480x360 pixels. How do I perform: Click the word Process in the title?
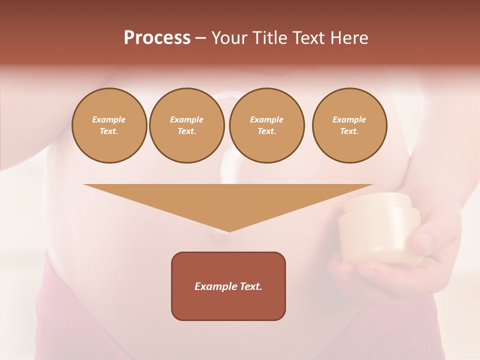[157, 38]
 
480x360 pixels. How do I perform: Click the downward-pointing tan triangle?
[228, 200]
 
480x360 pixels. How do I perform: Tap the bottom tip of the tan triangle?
[229, 230]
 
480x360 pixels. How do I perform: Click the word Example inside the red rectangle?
[214, 286]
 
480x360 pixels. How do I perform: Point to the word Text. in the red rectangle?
[249, 286]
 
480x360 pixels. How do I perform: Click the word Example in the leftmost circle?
[109, 119]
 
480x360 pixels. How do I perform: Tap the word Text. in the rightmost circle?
[349, 131]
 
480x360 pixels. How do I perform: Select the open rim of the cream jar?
[378, 202]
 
